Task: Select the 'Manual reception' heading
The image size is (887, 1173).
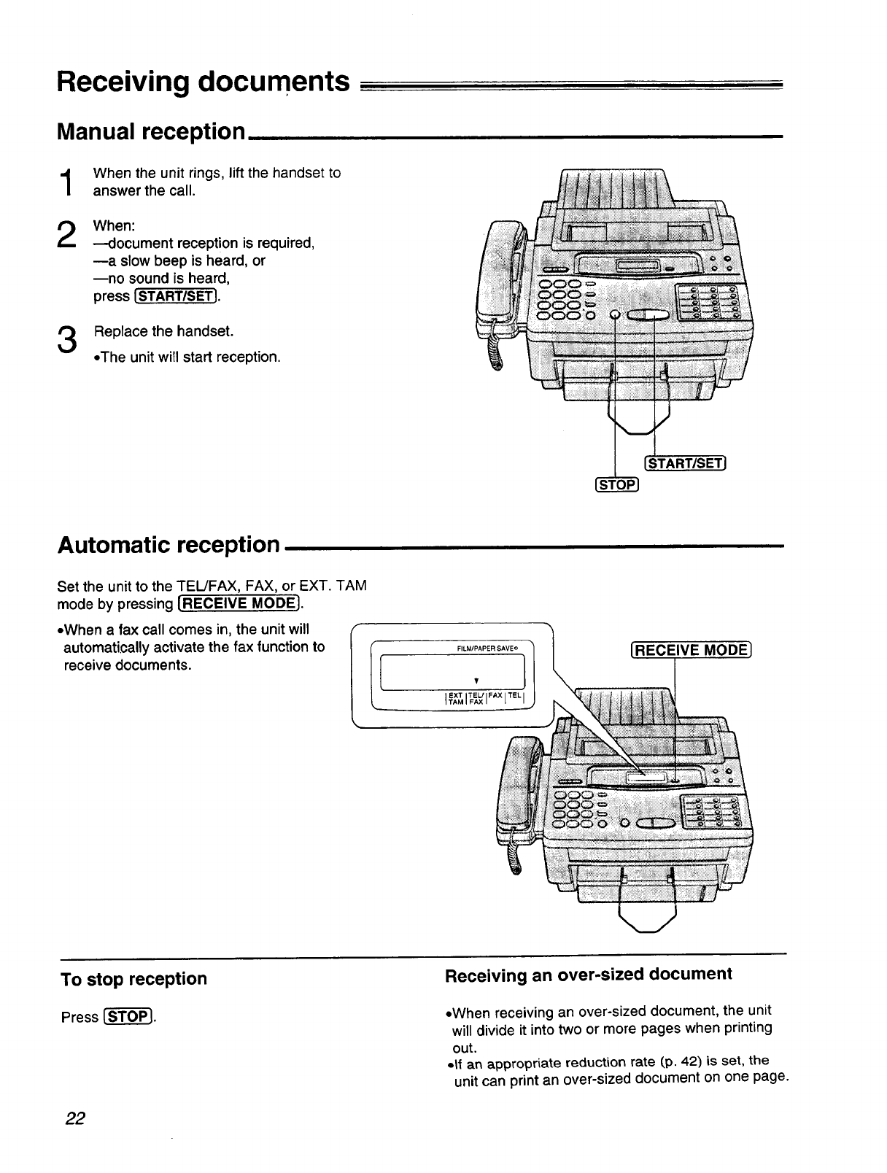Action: click(151, 131)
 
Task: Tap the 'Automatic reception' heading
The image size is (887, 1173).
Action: click(169, 544)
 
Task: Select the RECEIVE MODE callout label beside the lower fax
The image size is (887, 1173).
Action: click(690, 651)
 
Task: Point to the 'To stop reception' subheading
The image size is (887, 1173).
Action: click(134, 979)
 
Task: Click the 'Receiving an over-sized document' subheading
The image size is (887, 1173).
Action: click(588, 975)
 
